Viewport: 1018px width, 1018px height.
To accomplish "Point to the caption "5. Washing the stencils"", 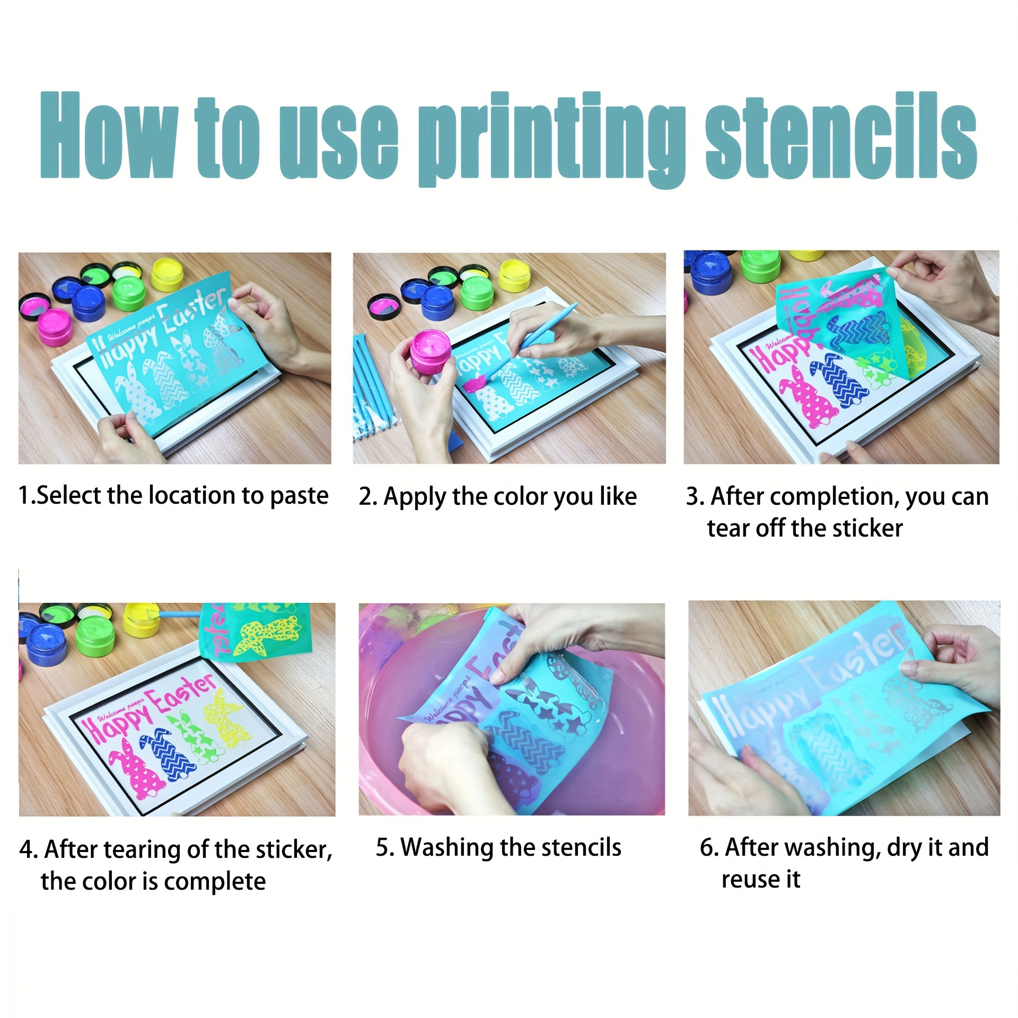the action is tap(498, 847).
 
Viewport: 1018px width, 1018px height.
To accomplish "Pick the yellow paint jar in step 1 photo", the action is tap(168, 275).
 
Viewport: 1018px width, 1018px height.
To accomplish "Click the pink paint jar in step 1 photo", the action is tap(55, 328).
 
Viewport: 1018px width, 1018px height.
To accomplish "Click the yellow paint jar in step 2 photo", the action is tap(514, 275).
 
